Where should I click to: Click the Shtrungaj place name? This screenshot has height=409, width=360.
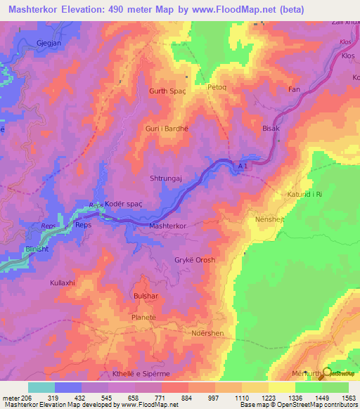point(166,179)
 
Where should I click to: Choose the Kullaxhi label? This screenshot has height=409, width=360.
point(62,283)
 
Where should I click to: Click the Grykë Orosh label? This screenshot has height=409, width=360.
point(195,260)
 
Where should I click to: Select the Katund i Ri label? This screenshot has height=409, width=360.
point(304,193)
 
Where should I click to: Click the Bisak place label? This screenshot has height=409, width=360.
point(271,129)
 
